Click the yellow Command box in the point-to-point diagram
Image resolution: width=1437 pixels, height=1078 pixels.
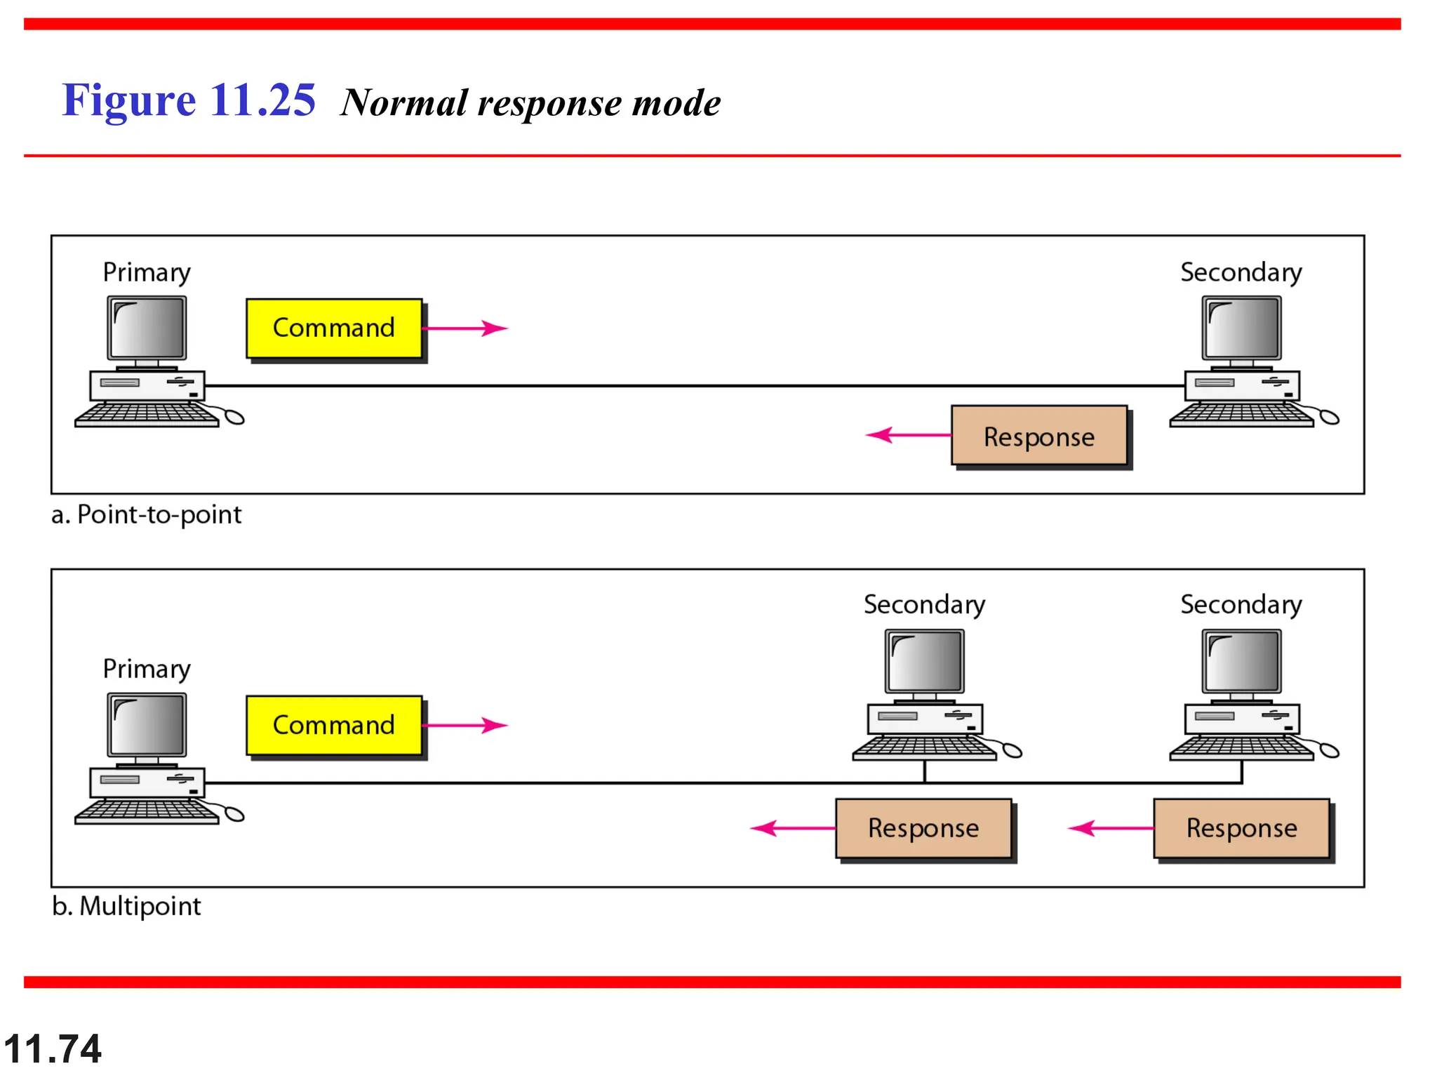click(x=334, y=328)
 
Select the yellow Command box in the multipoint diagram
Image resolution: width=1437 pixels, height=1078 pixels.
click(x=334, y=725)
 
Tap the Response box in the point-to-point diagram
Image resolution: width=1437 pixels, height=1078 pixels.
click(x=1038, y=436)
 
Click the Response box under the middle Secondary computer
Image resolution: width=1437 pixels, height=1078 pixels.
click(x=923, y=828)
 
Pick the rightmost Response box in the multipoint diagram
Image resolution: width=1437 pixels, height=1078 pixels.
click(x=1241, y=828)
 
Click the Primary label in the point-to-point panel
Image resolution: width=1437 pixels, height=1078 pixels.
click(x=147, y=272)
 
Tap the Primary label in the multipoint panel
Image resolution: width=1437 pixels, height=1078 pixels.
click(x=147, y=669)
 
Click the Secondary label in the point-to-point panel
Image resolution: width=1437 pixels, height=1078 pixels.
click(x=1241, y=272)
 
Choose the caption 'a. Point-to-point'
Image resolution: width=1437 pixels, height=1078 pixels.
click(x=146, y=514)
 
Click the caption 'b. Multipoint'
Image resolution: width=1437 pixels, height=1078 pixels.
click(x=126, y=906)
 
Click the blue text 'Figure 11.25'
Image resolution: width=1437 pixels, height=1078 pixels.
click(x=188, y=100)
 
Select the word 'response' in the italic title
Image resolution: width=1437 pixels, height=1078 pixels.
click(x=549, y=104)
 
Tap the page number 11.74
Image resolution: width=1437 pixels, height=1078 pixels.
click(x=53, y=1049)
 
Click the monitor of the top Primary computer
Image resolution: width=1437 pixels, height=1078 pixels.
click(x=147, y=328)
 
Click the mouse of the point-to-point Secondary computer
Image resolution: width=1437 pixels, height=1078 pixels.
click(x=1329, y=418)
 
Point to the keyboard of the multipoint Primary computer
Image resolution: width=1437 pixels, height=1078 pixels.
click(x=146, y=812)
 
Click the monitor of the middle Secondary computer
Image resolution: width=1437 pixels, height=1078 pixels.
click(x=924, y=661)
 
